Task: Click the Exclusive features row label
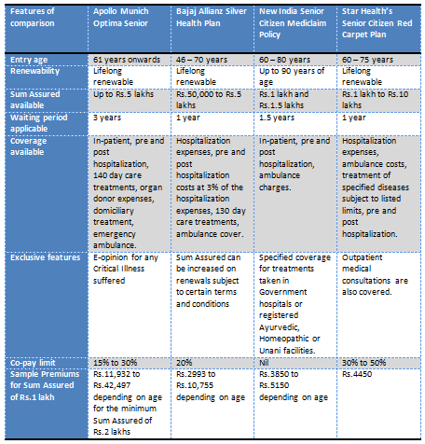[x=44, y=255]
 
